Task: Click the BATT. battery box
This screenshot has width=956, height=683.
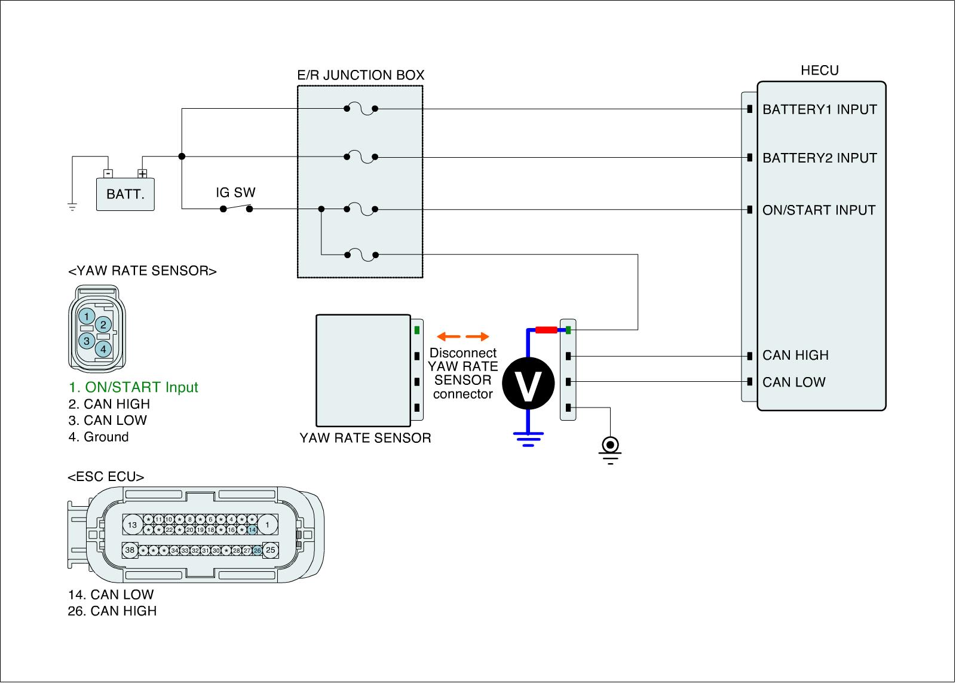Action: (125, 194)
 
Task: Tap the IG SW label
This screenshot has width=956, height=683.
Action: (235, 192)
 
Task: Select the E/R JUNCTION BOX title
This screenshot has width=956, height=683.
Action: (360, 75)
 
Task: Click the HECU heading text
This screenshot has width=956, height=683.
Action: (819, 71)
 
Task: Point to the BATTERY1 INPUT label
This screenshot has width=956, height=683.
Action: (819, 109)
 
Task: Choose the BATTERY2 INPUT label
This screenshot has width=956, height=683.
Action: (819, 158)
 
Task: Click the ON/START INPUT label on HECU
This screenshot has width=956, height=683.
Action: (819, 210)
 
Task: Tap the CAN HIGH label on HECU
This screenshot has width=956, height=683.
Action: (795, 356)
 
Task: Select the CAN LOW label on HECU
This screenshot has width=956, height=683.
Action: (793, 382)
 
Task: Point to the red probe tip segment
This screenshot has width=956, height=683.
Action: (546, 329)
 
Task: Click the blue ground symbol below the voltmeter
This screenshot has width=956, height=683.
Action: (528, 439)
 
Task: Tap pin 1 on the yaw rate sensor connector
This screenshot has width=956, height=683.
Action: (87, 316)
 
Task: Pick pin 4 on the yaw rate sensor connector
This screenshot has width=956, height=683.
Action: (103, 348)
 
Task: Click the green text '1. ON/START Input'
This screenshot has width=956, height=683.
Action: (133, 387)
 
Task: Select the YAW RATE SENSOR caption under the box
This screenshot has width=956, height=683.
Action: (365, 438)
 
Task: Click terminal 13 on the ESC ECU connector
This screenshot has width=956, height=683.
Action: (132, 525)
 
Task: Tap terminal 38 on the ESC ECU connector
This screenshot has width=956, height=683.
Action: (130, 550)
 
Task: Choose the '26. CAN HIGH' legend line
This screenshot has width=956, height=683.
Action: (112, 611)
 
